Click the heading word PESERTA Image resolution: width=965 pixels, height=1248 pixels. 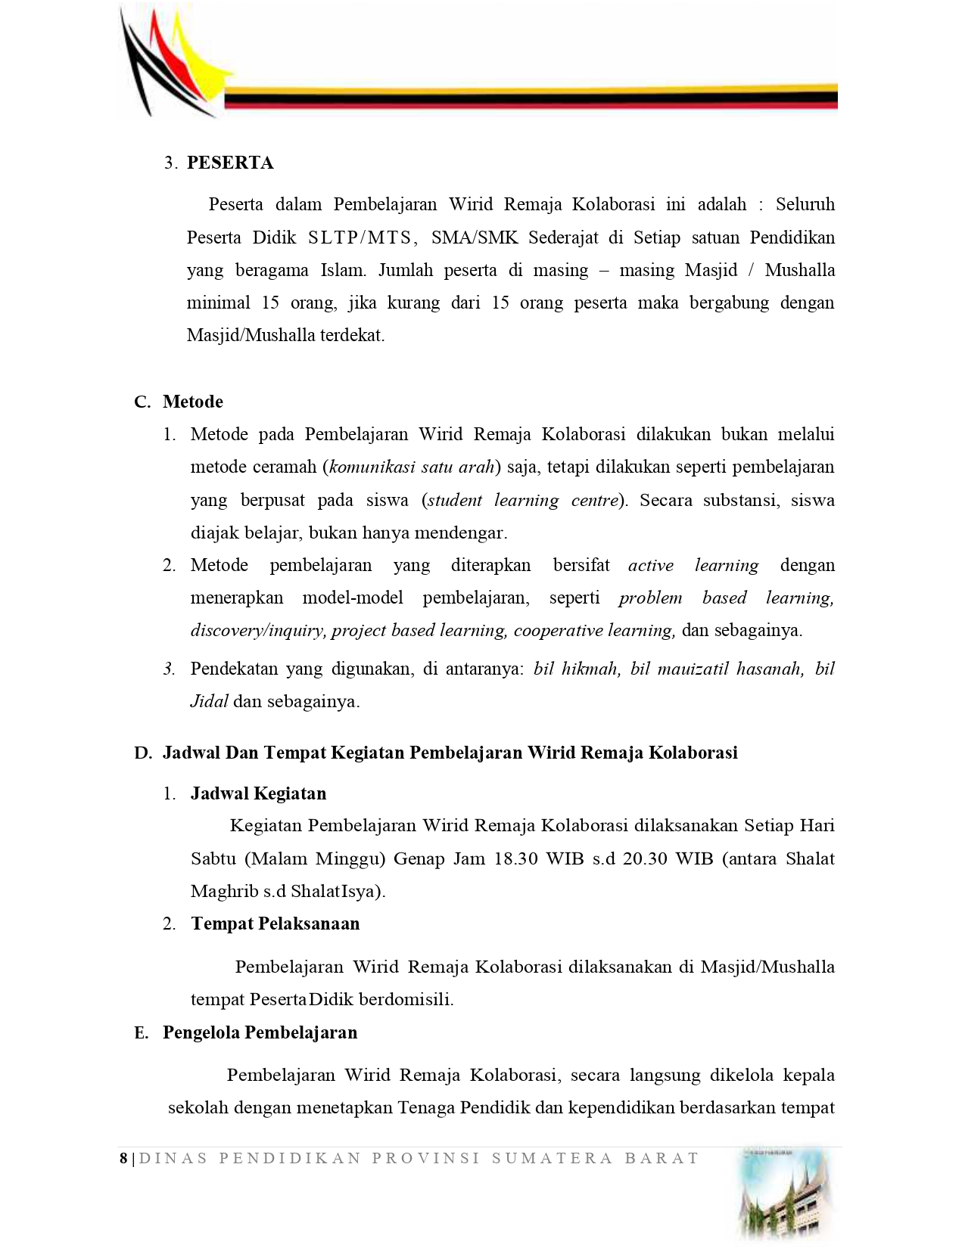[x=230, y=163]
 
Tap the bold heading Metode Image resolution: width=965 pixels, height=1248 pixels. [x=193, y=402]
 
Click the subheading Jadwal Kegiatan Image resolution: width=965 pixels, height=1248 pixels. [x=258, y=793]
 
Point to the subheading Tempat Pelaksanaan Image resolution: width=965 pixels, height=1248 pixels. [x=275, y=924]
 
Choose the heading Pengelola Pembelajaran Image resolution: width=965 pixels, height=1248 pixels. [x=260, y=1032]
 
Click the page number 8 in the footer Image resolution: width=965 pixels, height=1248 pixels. [x=123, y=1158]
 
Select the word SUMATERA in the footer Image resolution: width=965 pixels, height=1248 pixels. [x=552, y=1158]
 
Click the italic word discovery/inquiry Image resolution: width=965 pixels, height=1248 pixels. [x=258, y=631]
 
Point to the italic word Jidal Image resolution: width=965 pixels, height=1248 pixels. [x=209, y=702]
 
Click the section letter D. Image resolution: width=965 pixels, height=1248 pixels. [x=142, y=753]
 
